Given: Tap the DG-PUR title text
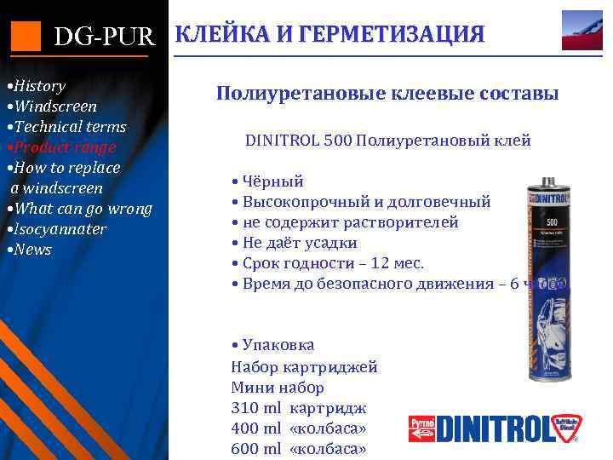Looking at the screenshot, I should point(104,36).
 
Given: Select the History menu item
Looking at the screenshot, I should point(37,86).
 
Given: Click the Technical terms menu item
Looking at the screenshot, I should point(67,127).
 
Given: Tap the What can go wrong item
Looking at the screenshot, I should point(80,209).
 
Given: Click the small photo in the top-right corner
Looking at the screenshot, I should point(581,31).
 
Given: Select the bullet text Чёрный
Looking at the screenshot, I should point(272,181).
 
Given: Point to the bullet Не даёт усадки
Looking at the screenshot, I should point(299,242).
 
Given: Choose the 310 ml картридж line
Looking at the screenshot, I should point(298,407).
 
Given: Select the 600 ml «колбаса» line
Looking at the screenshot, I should point(298,448).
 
